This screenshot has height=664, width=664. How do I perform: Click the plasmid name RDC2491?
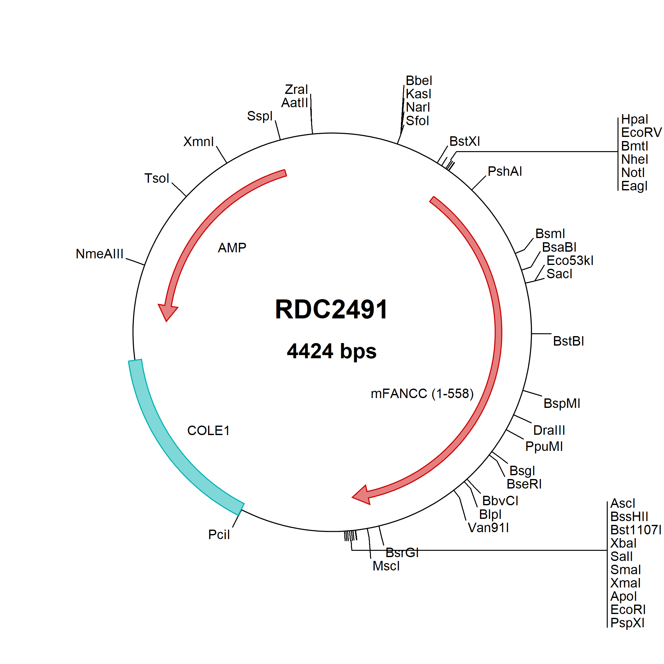coord(331,309)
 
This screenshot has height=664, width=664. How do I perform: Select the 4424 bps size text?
coord(332,351)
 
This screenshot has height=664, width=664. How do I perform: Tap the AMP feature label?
coord(232,248)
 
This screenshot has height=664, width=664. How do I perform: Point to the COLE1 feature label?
coord(208,431)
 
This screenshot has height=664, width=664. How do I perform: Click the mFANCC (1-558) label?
coord(422,394)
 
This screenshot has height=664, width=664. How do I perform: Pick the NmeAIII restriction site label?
coord(99,254)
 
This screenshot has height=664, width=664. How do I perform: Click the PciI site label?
coord(219,535)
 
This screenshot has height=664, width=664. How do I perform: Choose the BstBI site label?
coord(569,341)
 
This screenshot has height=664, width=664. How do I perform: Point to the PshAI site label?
coord(505,171)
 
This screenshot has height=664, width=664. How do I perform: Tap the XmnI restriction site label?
coord(198,142)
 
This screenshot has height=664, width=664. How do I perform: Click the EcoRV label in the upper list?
coord(641,133)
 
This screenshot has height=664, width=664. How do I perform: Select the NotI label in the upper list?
coord(633,173)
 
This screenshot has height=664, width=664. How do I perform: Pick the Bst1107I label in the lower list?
coord(636,530)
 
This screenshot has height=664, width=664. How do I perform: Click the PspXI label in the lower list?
coord(627,623)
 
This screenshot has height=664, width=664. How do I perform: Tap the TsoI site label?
coord(157,178)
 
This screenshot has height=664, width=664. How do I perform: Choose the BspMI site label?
coord(562,403)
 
